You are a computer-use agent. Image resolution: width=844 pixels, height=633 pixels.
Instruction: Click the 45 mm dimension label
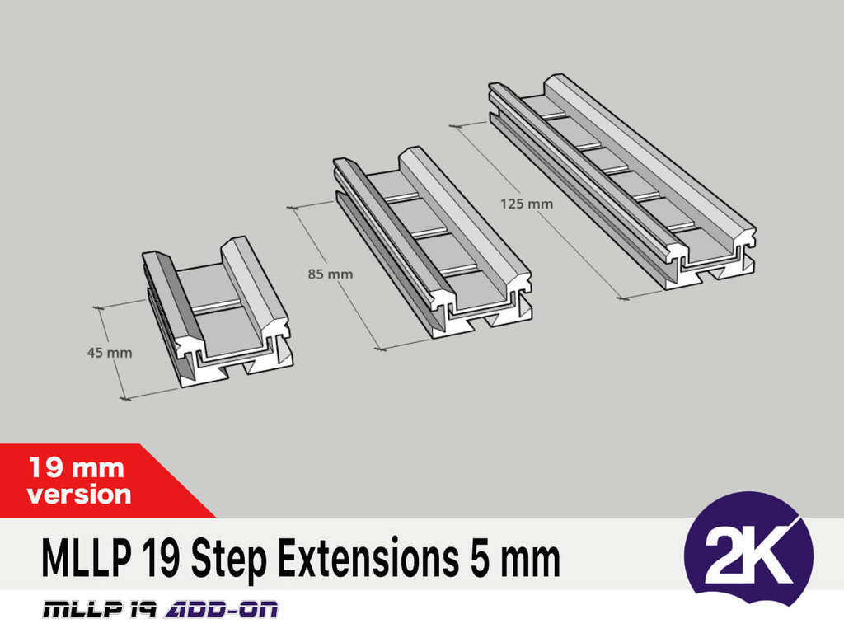[x=110, y=353]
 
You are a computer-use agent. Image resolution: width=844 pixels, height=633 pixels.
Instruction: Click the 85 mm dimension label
[x=331, y=274]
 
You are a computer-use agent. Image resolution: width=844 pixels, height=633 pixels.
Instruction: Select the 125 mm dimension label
[x=527, y=204]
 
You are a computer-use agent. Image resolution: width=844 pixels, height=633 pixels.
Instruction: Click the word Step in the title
[x=229, y=560]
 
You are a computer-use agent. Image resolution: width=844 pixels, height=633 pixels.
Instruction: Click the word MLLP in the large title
[x=87, y=558]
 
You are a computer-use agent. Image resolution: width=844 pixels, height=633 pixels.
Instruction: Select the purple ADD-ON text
[x=221, y=609]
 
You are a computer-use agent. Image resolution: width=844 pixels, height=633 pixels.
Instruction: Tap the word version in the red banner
[x=79, y=495]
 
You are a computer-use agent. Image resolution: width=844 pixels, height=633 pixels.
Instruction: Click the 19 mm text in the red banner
[x=77, y=467]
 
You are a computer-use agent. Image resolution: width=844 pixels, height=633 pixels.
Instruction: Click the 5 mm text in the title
[x=515, y=558]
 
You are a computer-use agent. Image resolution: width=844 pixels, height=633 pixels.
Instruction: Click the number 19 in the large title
[x=162, y=558]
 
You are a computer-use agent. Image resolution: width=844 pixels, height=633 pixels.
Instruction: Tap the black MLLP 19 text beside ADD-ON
[x=100, y=609]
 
